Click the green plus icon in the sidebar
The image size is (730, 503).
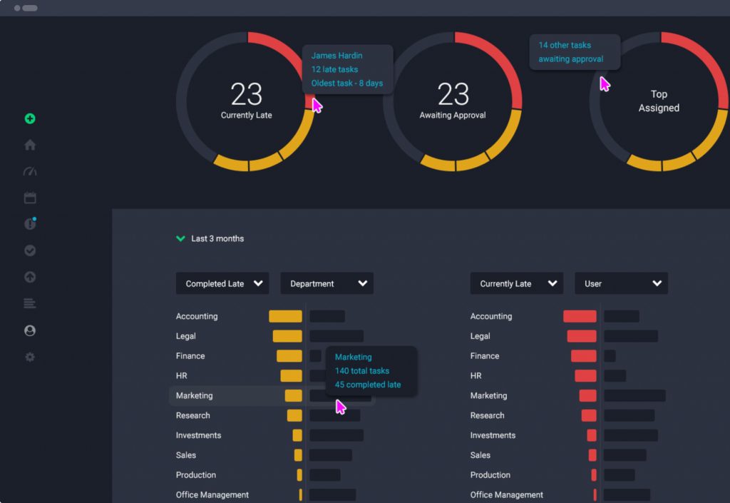click(30, 119)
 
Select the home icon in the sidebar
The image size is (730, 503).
click(30, 145)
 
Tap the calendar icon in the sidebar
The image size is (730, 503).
click(30, 198)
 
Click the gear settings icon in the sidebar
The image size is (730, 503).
click(30, 357)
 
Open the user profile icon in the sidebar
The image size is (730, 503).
click(30, 330)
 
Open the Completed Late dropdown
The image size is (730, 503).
click(222, 283)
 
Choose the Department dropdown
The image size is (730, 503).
click(327, 283)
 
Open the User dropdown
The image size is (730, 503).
click(621, 283)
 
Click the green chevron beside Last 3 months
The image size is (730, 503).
click(180, 238)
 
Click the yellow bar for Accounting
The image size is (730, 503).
click(285, 316)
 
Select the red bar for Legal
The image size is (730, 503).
click(582, 336)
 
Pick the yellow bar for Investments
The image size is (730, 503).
click(297, 435)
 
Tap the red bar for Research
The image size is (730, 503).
click(589, 415)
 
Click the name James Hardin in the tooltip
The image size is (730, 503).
click(336, 56)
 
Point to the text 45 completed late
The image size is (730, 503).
click(368, 385)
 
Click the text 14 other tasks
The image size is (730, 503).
click(565, 45)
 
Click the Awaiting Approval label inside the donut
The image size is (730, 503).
click(453, 115)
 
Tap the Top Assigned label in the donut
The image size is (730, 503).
click(659, 101)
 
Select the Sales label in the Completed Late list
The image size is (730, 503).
click(186, 455)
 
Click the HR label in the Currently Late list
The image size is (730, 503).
click(475, 375)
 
